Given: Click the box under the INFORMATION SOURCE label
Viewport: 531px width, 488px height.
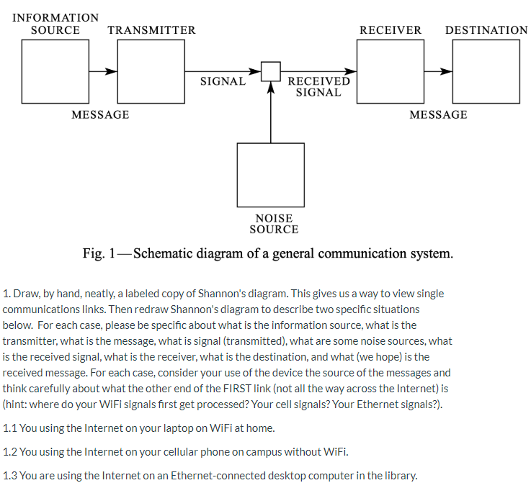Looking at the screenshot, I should click(x=55, y=71).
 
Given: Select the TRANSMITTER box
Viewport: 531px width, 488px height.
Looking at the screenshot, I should click(x=151, y=71).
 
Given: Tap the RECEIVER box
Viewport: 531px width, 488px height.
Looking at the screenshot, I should click(x=390, y=71).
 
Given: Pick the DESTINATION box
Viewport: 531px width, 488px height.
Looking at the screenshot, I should click(x=486, y=71).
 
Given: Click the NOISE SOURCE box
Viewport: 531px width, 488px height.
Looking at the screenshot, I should click(x=270, y=175).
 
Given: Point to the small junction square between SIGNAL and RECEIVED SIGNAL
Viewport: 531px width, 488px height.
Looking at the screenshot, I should click(x=270, y=71).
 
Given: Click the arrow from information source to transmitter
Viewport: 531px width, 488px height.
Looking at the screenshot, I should click(x=102, y=71).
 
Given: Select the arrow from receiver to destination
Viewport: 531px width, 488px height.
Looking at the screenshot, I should click(x=438, y=71).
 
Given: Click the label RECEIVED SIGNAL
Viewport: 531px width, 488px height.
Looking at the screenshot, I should click(x=318, y=86).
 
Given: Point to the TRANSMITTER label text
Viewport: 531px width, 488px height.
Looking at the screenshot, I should click(x=151, y=30).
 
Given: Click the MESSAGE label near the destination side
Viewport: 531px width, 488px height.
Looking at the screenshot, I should click(x=438, y=115).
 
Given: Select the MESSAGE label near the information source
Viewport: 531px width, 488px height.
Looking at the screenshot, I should click(x=100, y=115).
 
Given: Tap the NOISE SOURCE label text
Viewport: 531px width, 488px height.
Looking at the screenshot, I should click(x=274, y=224).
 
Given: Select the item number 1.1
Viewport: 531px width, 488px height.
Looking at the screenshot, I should click(x=9, y=428).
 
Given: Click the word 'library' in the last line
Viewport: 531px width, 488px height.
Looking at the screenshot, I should click(x=398, y=476).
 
